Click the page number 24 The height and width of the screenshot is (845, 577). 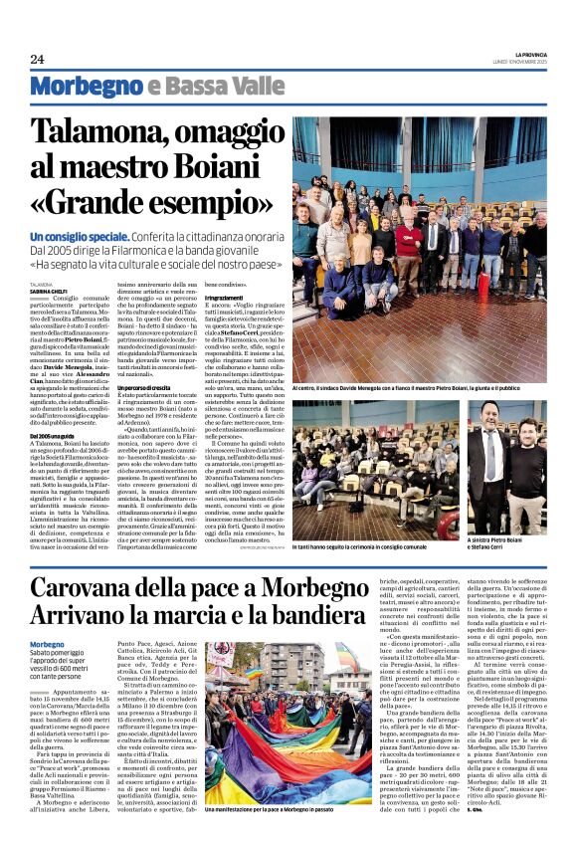pyautogui.click(x=38, y=60)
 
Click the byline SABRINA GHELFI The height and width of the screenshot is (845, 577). pyautogui.click(x=51, y=291)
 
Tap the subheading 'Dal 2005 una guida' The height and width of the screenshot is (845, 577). pyautogui.click(x=58, y=436)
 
